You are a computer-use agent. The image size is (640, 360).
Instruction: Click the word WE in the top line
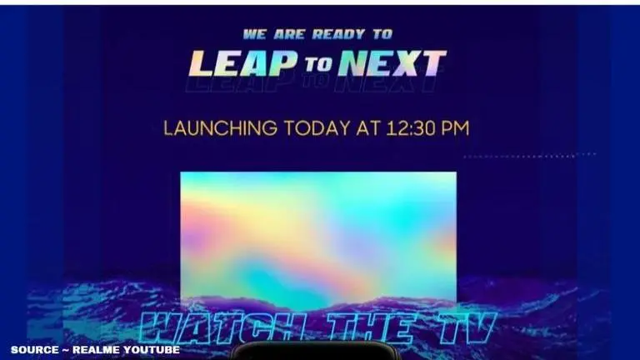point(254,35)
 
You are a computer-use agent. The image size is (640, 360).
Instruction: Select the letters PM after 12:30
point(455,128)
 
